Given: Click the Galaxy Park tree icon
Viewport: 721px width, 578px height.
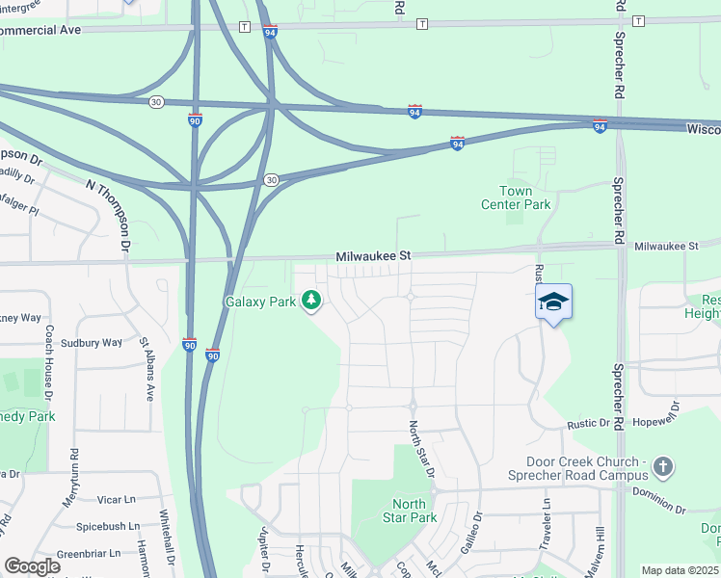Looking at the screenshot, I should (311, 302).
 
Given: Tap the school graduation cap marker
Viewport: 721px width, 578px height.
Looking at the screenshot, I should (553, 302).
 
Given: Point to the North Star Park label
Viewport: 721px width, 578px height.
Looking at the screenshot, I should (409, 511).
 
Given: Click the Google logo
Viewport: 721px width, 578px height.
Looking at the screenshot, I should (32, 566).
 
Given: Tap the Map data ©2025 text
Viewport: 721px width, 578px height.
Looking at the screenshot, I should (680, 570).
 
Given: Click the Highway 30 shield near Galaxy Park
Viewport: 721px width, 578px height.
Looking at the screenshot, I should (272, 180).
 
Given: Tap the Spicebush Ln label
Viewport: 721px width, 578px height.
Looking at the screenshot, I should (108, 528).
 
